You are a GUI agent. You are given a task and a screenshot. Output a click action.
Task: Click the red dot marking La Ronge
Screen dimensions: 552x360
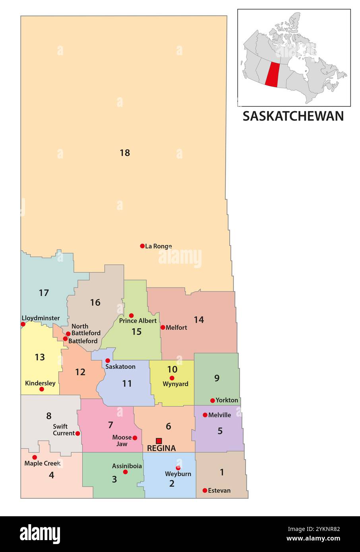click(142, 246)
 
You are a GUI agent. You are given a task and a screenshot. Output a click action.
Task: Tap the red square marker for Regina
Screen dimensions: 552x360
click(159, 441)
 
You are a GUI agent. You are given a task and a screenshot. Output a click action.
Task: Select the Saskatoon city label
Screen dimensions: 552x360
click(120, 367)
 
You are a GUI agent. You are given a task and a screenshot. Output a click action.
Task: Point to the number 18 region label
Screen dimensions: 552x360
click(125, 152)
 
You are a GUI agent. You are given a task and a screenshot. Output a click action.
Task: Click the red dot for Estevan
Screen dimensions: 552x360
click(205, 490)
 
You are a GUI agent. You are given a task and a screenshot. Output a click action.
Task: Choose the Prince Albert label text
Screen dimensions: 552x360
click(138, 320)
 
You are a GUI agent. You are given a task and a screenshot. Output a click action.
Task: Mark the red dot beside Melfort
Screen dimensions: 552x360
click(163, 327)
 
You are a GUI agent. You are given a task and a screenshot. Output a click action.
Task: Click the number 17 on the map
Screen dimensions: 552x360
click(44, 293)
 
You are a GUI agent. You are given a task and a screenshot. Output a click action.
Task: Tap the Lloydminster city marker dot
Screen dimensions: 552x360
click(23, 324)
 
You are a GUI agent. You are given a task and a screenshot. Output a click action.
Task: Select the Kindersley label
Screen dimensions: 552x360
click(40, 383)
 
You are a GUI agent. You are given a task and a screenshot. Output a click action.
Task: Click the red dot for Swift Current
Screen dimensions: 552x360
click(78, 433)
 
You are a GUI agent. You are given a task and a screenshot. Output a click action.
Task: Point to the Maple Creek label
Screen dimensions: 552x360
click(43, 463)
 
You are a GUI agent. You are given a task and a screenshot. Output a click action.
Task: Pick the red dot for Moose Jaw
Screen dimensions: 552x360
click(135, 438)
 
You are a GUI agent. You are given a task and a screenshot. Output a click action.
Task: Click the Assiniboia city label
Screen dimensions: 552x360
click(127, 466)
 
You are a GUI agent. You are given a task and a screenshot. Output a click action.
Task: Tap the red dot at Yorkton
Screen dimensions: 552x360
click(213, 400)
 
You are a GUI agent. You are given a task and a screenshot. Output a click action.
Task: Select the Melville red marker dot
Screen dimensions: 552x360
click(205, 415)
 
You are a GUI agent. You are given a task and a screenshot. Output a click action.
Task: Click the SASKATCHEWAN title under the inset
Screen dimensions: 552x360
click(293, 116)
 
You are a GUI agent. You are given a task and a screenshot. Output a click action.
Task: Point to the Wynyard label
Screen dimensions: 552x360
click(175, 384)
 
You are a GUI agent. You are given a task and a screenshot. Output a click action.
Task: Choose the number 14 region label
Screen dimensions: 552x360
click(199, 320)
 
